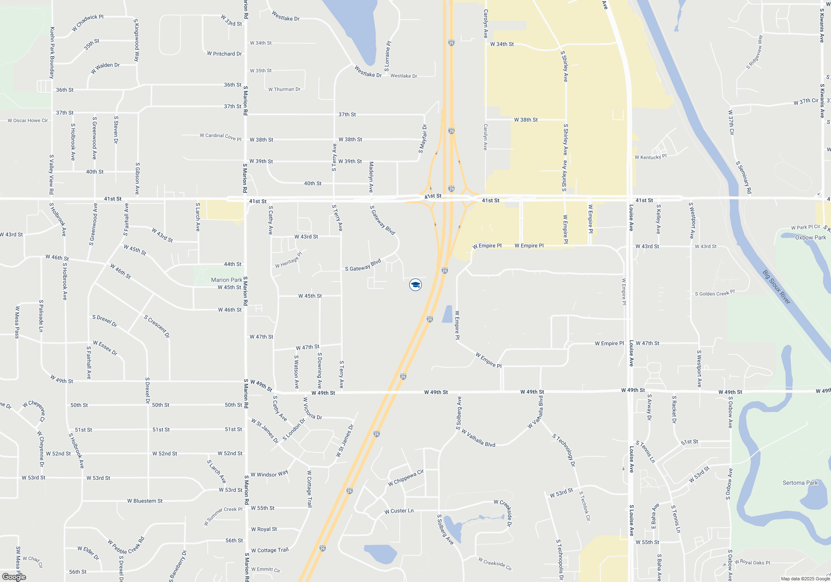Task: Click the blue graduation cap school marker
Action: [415, 285]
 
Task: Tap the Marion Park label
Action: [226, 280]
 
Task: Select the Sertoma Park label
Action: [800, 483]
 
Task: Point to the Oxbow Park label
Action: [810, 237]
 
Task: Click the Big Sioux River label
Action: [776, 287]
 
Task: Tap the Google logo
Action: [14, 577]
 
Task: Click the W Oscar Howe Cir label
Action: [28, 121]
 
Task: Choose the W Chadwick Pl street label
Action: [88, 22]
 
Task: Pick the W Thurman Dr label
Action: [284, 89]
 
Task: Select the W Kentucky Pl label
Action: [650, 157]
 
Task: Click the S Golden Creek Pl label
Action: [715, 293]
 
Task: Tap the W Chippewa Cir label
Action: [406, 478]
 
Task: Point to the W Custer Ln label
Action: [399, 511]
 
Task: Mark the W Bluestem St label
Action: [145, 501]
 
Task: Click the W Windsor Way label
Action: [269, 474]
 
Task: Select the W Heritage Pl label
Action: [289, 260]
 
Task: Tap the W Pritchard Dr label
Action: [224, 54]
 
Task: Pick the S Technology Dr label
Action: [563, 450]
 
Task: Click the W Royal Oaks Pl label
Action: [752, 562]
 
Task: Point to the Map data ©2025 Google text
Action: [805, 579]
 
